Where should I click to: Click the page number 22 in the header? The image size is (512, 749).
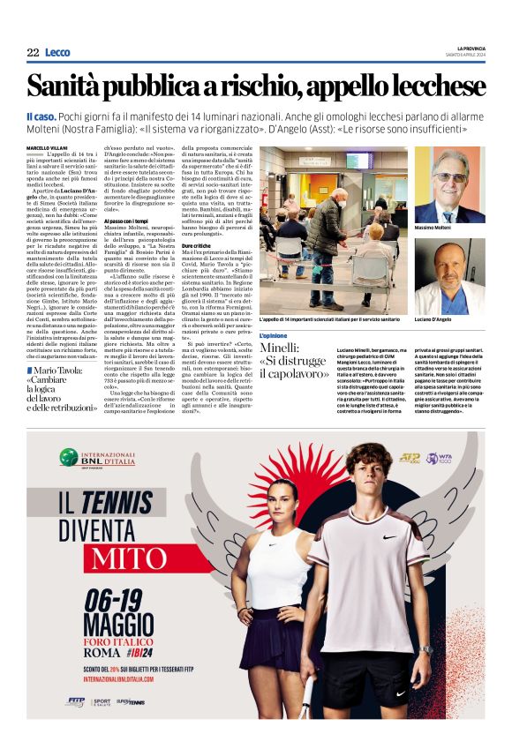[x=33, y=53]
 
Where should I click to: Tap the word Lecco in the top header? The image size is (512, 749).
[x=57, y=53]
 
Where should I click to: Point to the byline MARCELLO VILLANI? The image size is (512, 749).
[x=47, y=147]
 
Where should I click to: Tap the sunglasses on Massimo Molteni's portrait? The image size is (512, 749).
[x=449, y=177]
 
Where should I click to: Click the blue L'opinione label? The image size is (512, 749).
[x=274, y=337]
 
